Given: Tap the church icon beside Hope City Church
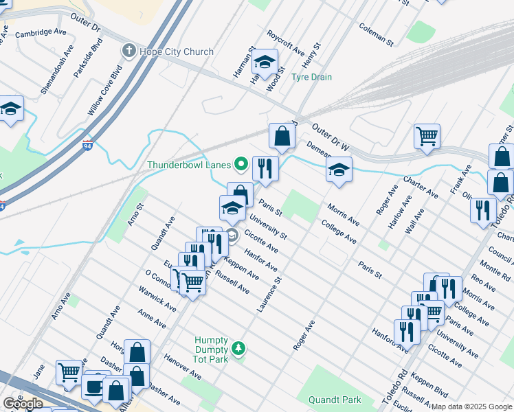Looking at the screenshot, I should tap(128, 51).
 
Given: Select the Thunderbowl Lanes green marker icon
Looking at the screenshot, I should tap(241, 164).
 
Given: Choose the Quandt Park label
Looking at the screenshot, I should tap(335, 400).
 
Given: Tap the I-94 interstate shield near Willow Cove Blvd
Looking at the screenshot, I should tap(87, 145).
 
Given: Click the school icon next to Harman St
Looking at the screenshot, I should tap(264, 63).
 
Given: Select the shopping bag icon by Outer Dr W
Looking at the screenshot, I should tap(282, 137).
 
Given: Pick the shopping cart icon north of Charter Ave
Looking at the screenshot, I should tap(427, 136).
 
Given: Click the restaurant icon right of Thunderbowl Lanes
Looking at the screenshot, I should tap(265, 168).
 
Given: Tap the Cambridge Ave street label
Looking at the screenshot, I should tap(41, 32).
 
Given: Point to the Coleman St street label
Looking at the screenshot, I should tap(376, 33).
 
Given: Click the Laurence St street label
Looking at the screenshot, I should tap(270, 295).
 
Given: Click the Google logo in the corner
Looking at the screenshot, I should tap(23, 404).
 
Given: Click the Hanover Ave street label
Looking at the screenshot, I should tap(182, 367).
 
